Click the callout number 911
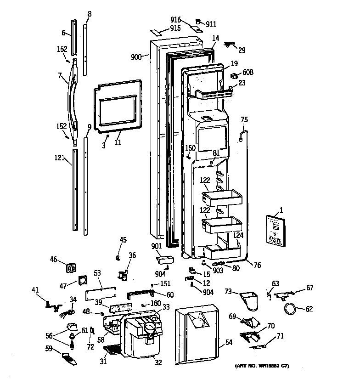(x=211, y=23)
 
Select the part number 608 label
(x=248, y=72)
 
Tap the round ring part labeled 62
(x=289, y=311)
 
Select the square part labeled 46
(x=72, y=268)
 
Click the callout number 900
(x=136, y=57)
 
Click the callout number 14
(x=216, y=39)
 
